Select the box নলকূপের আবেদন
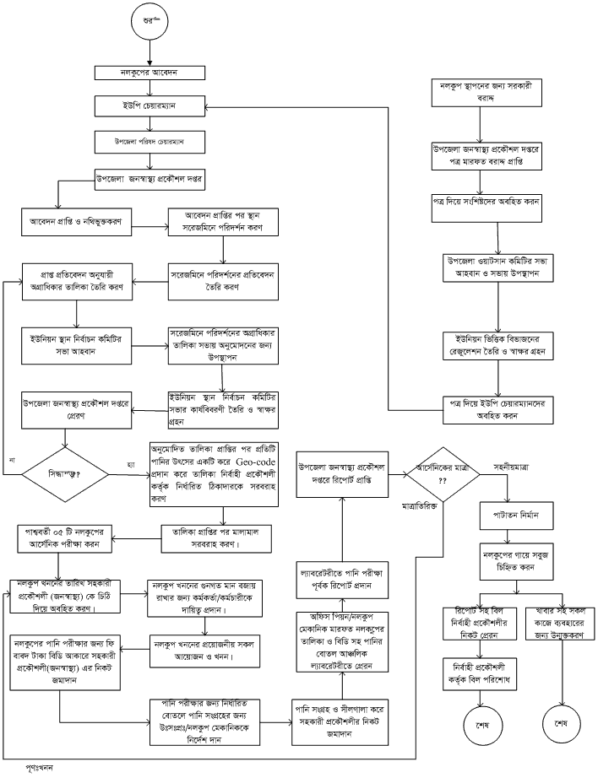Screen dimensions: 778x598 click(x=149, y=75)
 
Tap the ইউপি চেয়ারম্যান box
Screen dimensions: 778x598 click(x=149, y=106)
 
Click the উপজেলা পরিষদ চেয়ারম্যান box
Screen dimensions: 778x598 click(x=149, y=141)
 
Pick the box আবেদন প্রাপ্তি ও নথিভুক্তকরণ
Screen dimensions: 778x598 click(x=81, y=227)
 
